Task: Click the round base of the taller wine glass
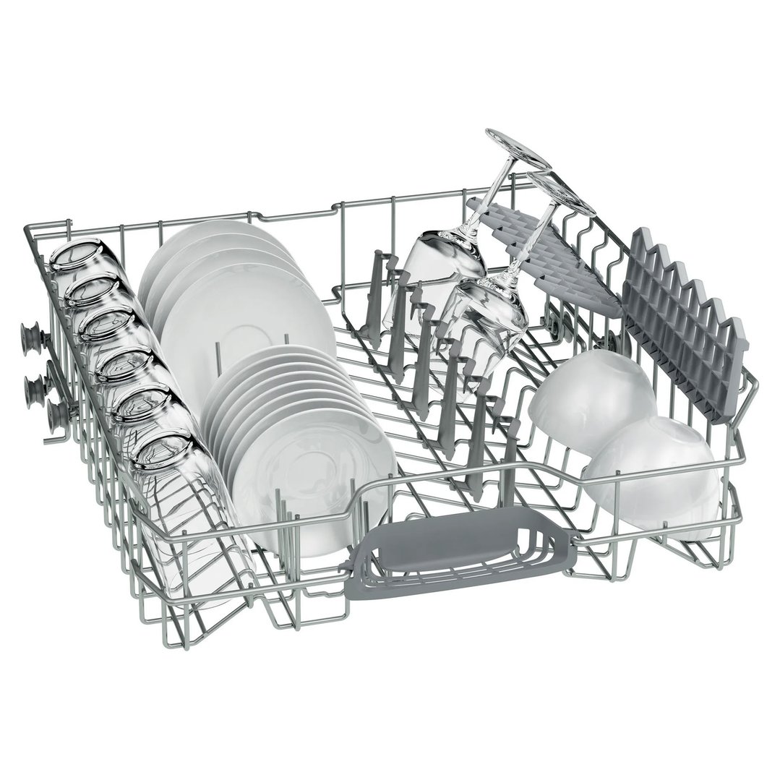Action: click(x=518, y=149)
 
